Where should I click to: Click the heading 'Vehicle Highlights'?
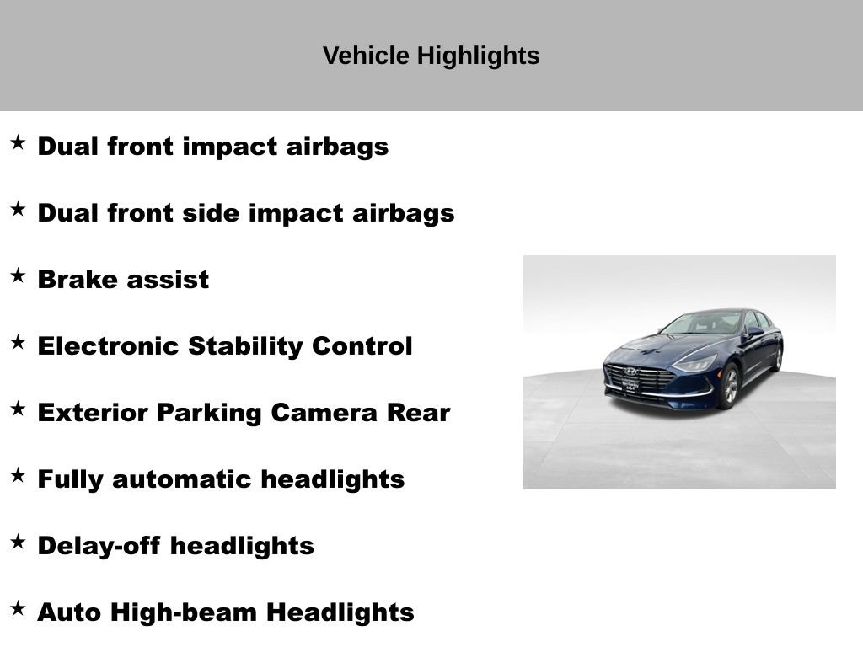pyautogui.click(x=431, y=56)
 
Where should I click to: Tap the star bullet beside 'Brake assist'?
pyautogui.click(x=18, y=275)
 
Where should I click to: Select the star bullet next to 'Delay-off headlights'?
pyautogui.click(x=18, y=542)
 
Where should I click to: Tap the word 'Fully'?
pyautogui.click(x=71, y=480)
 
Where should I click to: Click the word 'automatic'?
pyautogui.click(x=182, y=479)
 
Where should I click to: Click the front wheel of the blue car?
pyautogui.click(x=730, y=387)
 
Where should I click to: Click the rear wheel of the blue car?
pyautogui.click(x=777, y=358)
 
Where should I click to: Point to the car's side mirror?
pyautogui.click(x=749, y=333)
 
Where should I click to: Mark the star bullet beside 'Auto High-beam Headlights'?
pyautogui.click(x=18, y=608)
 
